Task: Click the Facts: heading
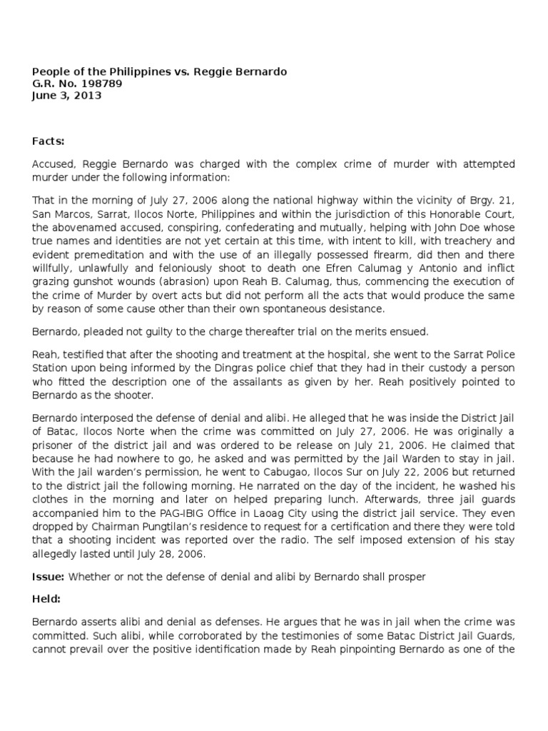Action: coord(49,142)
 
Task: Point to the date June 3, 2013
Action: coord(67,96)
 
